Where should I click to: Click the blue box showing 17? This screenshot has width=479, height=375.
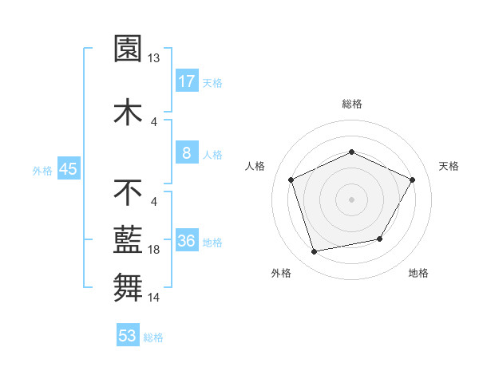[186, 81]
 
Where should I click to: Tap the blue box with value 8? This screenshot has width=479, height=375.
[186, 153]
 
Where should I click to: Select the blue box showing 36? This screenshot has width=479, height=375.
[186, 241]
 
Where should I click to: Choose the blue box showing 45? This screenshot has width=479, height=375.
[67, 169]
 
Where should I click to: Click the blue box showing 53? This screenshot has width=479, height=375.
[128, 336]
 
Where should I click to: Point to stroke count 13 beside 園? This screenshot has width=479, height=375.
[154, 57]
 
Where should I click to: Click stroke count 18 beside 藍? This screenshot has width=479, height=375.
[154, 250]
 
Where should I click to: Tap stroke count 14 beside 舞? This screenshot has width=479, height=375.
[154, 298]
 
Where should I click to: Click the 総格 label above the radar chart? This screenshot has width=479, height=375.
[352, 104]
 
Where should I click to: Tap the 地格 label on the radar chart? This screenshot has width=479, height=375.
[418, 274]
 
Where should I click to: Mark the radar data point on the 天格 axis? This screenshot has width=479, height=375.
[412, 180]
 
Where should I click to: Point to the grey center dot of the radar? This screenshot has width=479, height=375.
[352, 199]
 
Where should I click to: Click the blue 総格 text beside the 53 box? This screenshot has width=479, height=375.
[153, 337]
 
